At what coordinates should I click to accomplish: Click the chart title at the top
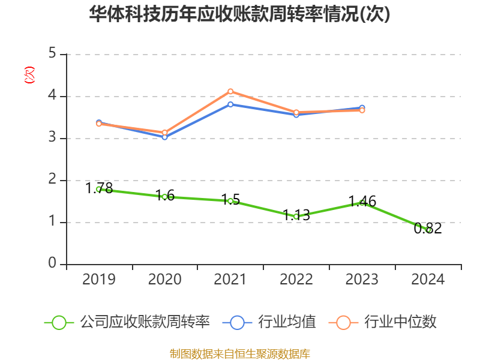point(239,14)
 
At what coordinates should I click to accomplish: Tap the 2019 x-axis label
point(98,279)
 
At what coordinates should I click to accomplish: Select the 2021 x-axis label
point(230,279)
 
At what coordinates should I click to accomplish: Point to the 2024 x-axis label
point(428,279)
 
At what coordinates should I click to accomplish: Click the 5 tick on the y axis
point(52,54)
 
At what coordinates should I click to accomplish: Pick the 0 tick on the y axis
point(52,264)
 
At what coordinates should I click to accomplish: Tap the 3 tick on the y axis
point(52,138)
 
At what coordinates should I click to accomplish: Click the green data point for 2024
point(428,230)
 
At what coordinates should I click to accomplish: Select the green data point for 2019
point(98,189)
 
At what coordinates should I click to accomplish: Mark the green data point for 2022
point(296,216)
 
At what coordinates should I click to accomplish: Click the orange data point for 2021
point(230,91)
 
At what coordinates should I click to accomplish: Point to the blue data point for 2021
point(230,104)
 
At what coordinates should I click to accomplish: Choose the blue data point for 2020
point(164,137)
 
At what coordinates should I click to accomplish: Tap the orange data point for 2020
point(164,132)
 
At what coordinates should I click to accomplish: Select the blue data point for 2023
point(362,107)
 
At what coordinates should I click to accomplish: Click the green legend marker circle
point(59,322)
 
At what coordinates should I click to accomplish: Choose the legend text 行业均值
point(287,322)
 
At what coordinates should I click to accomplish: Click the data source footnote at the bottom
point(239,353)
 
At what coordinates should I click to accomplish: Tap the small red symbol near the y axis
point(29,75)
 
